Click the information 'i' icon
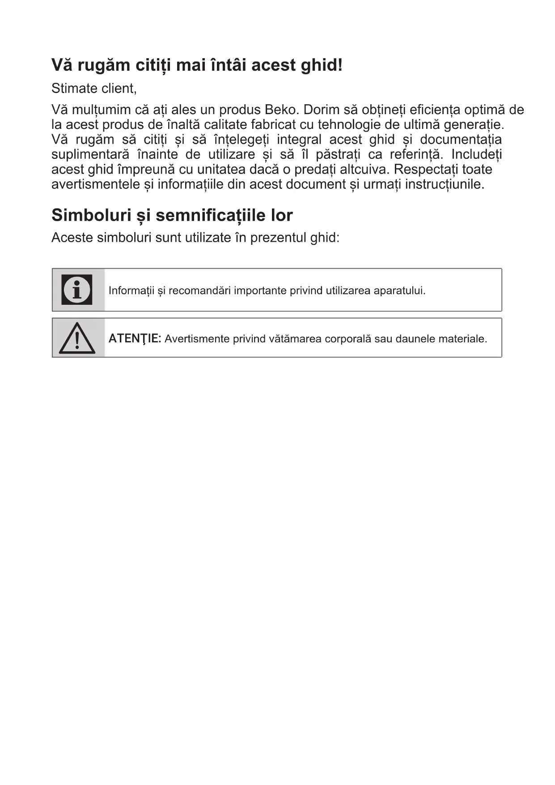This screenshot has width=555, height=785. (x=77, y=290)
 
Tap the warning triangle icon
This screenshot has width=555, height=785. (x=77, y=338)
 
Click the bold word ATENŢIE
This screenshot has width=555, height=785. (x=135, y=338)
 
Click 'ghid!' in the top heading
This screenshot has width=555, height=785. (x=322, y=65)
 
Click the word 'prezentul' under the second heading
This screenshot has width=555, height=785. (x=278, y=237)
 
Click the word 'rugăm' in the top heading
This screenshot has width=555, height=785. (x=102, y=65)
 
